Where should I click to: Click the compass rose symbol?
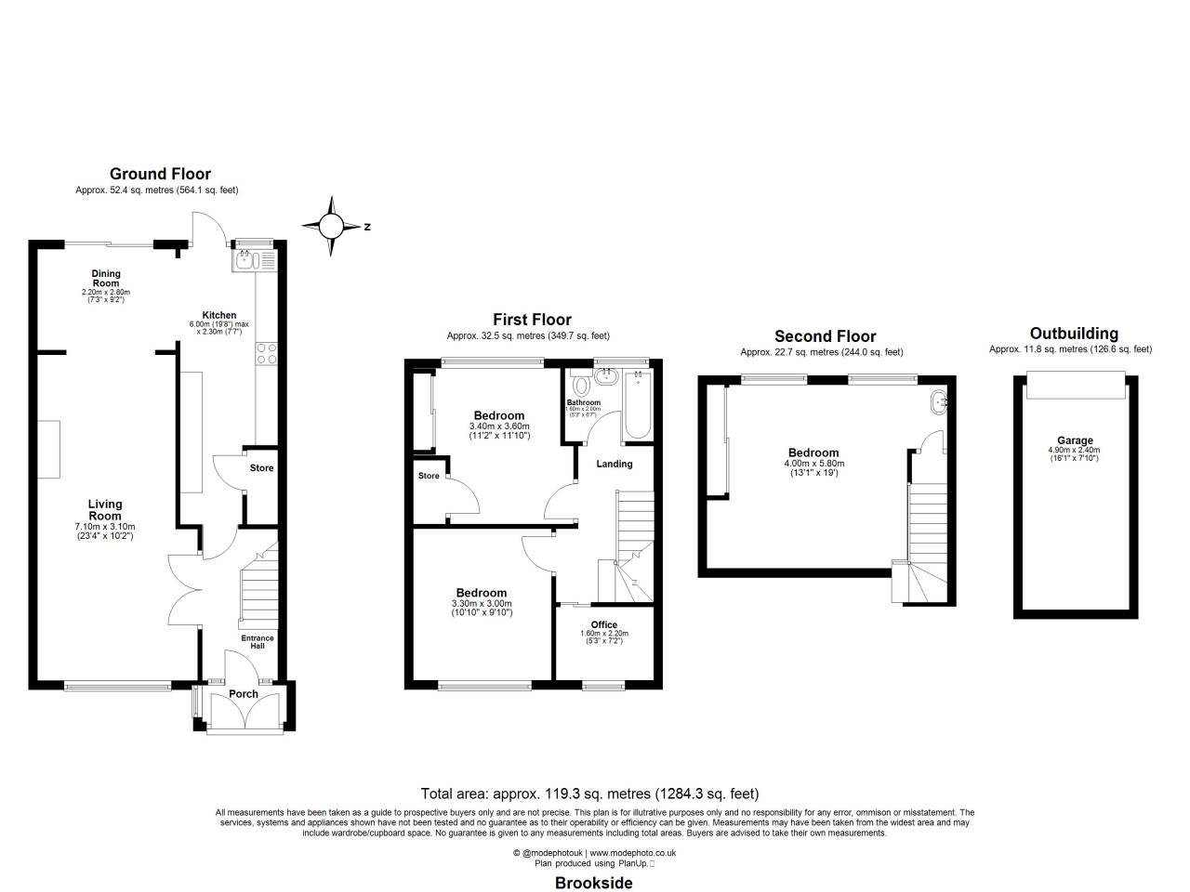pyautogui.click(x=332, y=226)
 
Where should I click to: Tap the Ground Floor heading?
pyautogui.click(x=160, y=174)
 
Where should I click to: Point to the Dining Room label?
pyautogui.click(x=105, y=279)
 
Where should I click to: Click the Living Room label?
pyautogui.click(x=104, y=510)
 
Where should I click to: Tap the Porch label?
pyautogui.click(x=244, y=694)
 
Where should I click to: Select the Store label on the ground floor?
pyautogui.click(x=261, y=468)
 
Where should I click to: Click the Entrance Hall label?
pyautogui.click(x=258, y=642)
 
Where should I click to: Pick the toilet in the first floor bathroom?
pyautogui.click(x=581, y=384)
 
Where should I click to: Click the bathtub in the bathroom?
pyautogui.click(x=639, y=404)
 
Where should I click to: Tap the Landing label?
pyautogui.click(x=614, y=464)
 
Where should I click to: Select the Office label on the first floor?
pyautogui.click(x=603, y=624)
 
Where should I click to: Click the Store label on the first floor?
pyautogui.click(x=428, y=477)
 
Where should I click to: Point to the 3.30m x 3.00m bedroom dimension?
pyautogui.click(x=482, y=604)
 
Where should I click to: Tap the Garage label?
pyautogui.click(x=1075, y=440)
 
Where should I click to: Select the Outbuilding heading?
pyautogui.click(x=1074, y=334)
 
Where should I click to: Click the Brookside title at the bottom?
pyautogui.click(x=593, y=883)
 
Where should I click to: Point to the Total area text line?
pyautogui.click(x=589, y=794)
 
